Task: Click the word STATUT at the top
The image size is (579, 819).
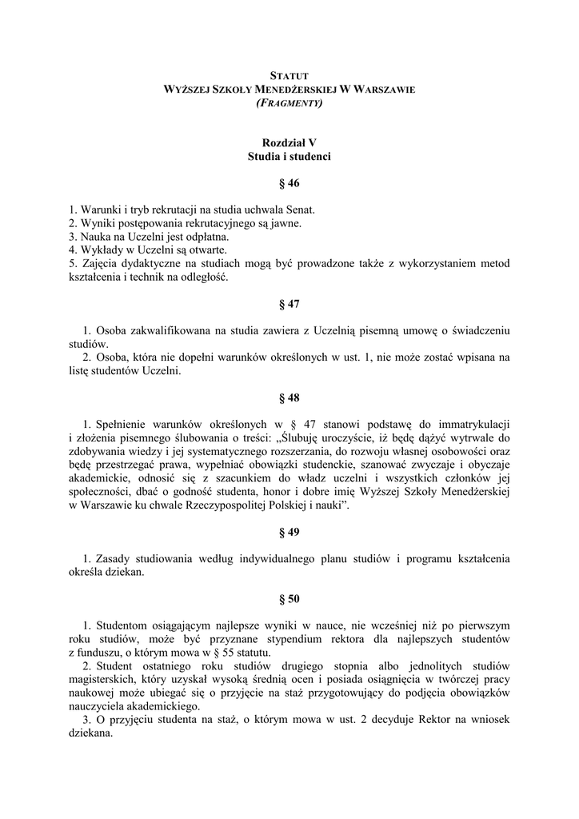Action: (289, 74)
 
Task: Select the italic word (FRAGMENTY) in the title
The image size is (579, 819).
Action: (289, 103)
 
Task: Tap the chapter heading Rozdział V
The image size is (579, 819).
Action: (289, 142)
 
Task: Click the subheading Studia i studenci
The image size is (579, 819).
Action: (289, 157)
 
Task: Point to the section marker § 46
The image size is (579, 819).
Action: (289, 183)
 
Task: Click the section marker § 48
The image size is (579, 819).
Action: (289, 397)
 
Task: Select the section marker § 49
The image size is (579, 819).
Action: (289, 532)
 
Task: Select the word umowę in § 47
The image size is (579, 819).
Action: (393, 330)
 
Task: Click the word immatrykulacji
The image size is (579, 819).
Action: (471, 423)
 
